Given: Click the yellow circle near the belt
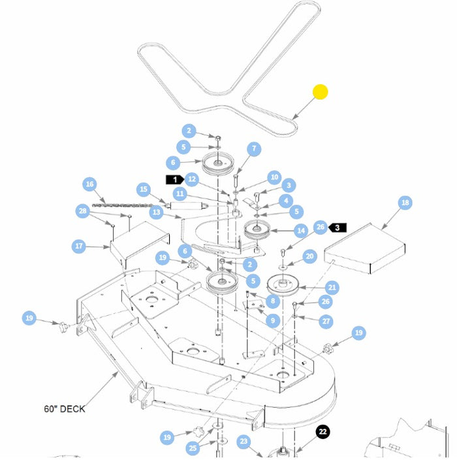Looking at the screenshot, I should point(320,92).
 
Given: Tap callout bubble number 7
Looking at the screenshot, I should point(253,149).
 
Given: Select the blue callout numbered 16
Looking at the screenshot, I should point(90,185).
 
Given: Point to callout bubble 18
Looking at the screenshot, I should point(405,203).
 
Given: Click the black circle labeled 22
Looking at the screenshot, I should point(323,432).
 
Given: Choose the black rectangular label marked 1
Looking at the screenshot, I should point(174,179).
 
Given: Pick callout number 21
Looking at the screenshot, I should point(332,288).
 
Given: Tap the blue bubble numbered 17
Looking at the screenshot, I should point(79,246).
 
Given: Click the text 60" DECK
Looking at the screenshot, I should point(65,409).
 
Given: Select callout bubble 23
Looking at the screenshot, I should point(244,442).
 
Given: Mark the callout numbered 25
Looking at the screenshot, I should point(192,448).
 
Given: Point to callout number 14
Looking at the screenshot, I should point(301,230).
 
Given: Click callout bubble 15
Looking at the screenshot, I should point(144,189).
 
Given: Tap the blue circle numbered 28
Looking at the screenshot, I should point(82,211).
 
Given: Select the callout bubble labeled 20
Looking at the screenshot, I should point(310,256).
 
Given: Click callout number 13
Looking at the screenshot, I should point(155,212).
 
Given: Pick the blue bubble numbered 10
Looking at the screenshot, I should point(274,177).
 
